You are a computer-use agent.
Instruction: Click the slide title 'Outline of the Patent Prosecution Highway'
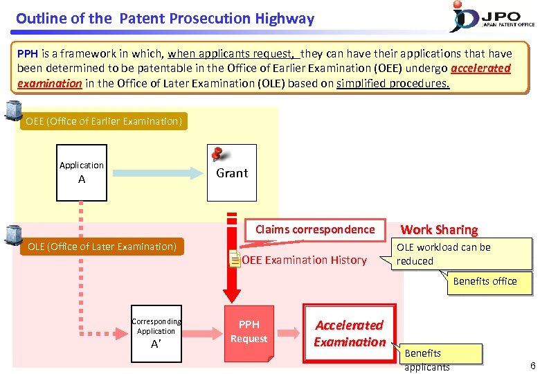tap(165, 19)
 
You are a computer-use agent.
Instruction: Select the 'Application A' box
tap(82, 172)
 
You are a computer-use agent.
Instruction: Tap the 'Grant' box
tap(232, 173)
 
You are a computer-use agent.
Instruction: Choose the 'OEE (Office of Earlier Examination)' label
tap(104, 122)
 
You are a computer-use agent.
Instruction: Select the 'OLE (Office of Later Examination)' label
tap(102, 247)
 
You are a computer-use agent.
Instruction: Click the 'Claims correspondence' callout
tap(315, 230)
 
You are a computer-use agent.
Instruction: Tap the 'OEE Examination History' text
tap(304, 260)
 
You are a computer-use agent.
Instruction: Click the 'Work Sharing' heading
tap(439, 229)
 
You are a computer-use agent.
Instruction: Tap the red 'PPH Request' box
tap(249, 332)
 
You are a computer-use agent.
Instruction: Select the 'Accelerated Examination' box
tap(350, 333)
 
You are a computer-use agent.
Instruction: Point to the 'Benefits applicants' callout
tap(432, 359)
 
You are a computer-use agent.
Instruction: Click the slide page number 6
tap(532, 364)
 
